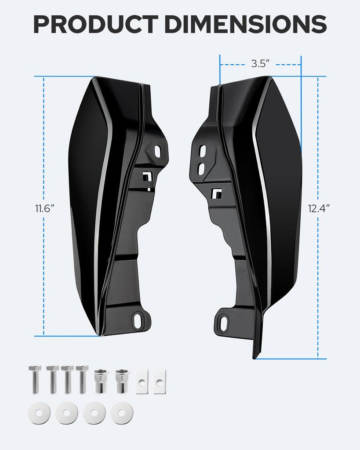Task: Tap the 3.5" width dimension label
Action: tap(260, 63)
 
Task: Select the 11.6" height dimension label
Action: tap(44, 208)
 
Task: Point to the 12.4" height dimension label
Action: tap(318, 208)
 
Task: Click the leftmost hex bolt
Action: tap(35, 379)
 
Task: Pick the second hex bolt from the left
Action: tap(53, 379)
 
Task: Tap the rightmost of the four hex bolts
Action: tap(82, 379)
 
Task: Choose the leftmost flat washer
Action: tap(38, 413)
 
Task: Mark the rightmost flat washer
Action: tap(122, 413)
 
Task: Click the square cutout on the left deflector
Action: tap(146, 176)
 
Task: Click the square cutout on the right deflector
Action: tap(216, 192)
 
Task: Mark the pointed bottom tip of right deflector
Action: tap(255, 357)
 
